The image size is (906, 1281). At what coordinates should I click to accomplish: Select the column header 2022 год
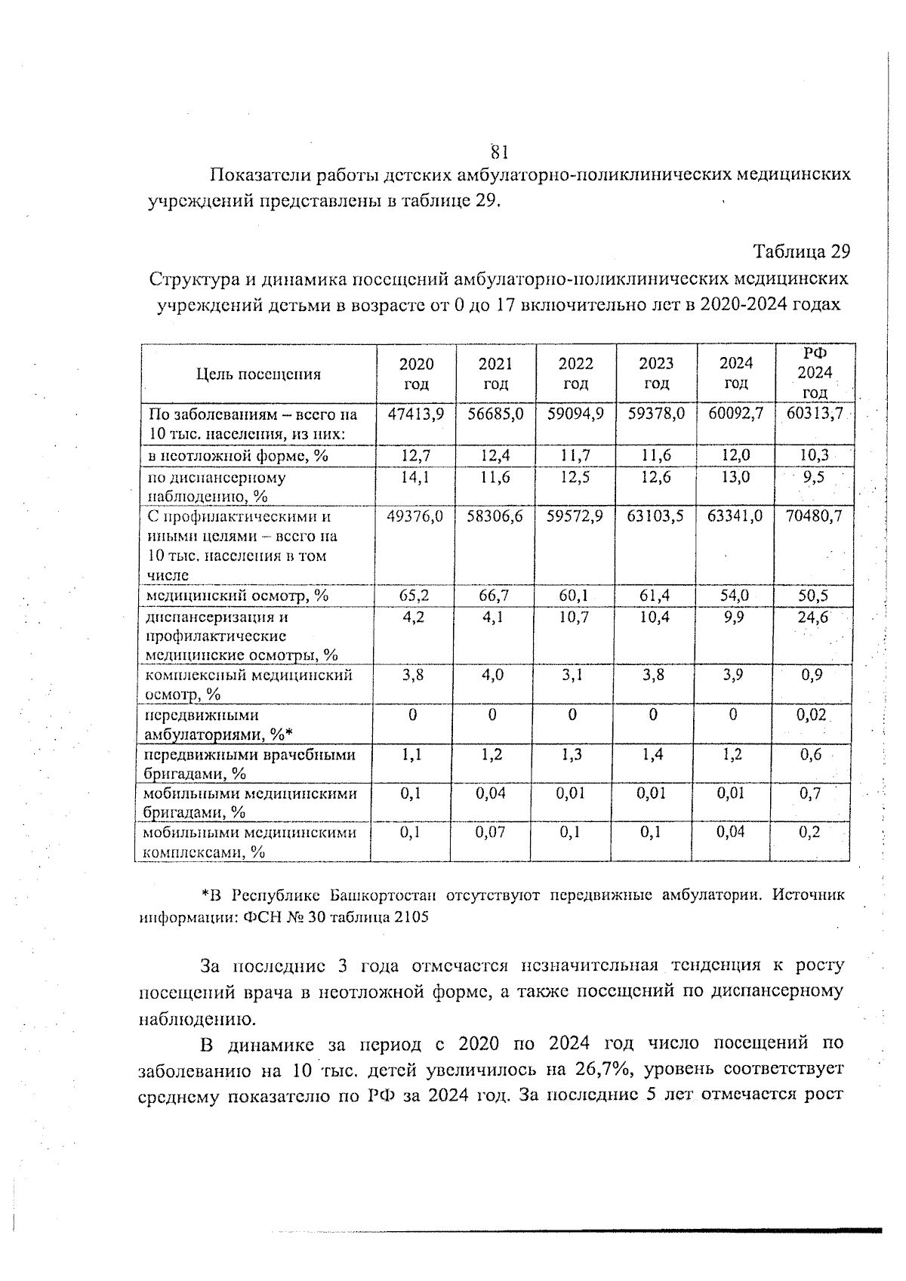[x=575, y=373]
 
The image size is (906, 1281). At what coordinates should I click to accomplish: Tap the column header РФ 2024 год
[x=815, y=373]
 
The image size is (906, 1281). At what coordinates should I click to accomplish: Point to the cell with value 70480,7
[x=814, y=516]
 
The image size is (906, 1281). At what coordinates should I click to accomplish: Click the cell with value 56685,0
[x=495, y=414]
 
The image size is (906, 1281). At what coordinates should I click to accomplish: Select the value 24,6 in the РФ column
[x=813, y=617]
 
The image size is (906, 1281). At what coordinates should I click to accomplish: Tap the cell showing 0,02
[x=812, y=715]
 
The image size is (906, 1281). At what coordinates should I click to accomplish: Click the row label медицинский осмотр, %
[x=236, y=596]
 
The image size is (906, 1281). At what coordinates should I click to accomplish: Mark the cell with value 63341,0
[x=735, y=516]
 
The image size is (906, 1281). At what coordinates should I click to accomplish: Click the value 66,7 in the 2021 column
[x=495, y=596]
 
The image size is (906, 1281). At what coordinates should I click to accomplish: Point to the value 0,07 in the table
[x=491, y=832]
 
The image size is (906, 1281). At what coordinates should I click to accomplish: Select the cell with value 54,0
[x=734, y=596]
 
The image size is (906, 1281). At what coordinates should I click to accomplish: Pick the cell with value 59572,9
[x=575, y=516]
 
